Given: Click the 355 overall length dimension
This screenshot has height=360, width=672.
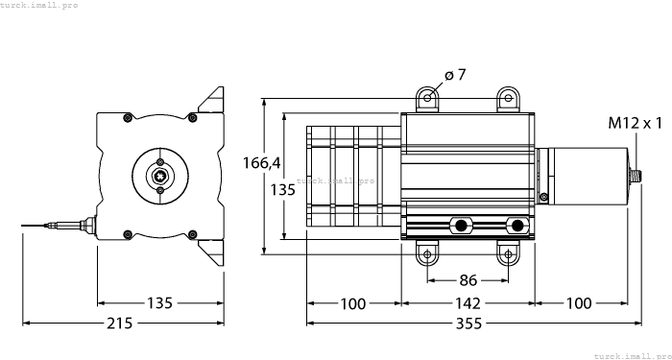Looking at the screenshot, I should tap(468, 324).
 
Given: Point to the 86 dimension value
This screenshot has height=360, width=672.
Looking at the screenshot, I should tap(468, 282).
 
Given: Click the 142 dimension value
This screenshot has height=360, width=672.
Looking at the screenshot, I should tap(468, 304).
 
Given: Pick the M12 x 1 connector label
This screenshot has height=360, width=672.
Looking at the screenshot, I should tap(636, 123).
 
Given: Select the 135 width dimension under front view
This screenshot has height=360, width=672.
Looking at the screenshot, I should tap(159, 304).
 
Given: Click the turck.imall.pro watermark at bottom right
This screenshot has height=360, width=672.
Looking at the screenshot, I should tap(631, 354).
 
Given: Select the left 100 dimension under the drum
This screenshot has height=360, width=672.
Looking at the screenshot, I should tap(352, 304).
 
